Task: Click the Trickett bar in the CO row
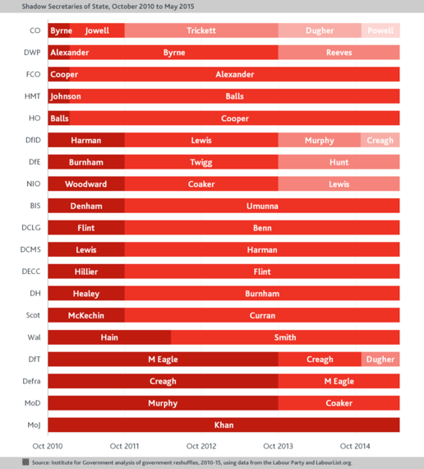201,30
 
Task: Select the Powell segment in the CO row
380,30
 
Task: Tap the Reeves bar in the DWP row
339,53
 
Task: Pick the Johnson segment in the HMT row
59,96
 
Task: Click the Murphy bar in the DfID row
320,140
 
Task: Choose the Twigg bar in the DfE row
201,162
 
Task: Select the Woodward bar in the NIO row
86,183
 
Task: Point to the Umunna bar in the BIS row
262,206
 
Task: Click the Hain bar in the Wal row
109,337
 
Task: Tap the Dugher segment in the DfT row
380,359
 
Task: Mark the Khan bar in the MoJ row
224,425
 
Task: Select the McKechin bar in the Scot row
86,315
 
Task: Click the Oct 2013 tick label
279,446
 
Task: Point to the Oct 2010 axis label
48,446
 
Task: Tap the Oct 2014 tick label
355,446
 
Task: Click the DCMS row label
30,249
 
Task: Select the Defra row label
31,381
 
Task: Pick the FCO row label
33,74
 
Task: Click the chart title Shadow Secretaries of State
108,7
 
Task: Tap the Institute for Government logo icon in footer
25,462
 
